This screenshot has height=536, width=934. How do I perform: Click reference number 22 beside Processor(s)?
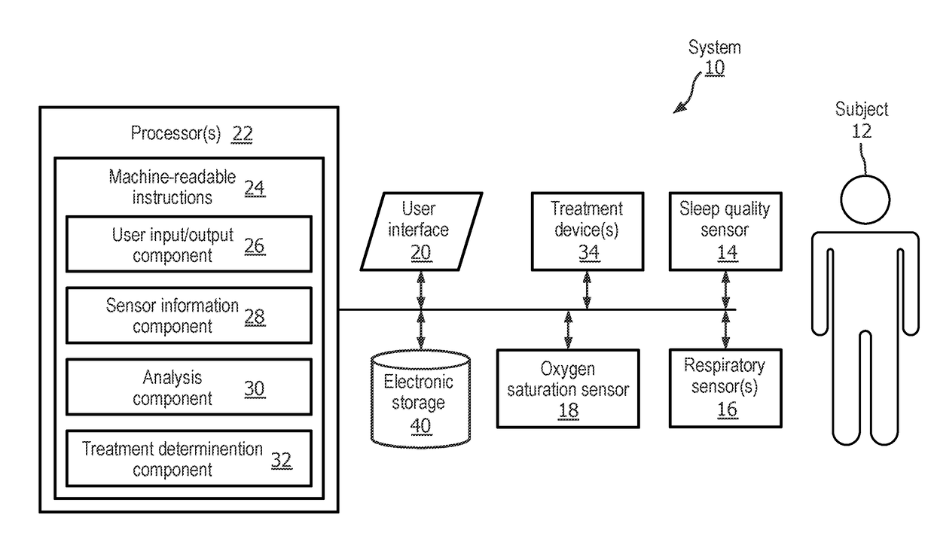click(243, 134)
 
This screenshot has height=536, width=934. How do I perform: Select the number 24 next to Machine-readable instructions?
click(255, 188)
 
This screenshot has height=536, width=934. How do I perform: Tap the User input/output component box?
click(189, 244)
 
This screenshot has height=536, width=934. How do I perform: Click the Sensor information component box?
click(189, 315)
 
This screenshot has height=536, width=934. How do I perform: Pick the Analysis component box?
click(189, 387)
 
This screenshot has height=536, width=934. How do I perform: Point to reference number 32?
click(282, 461)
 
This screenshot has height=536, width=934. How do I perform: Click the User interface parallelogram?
click(422, 232)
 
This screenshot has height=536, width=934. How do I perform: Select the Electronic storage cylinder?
click(421, 399)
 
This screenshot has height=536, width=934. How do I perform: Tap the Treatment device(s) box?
click(588, 232)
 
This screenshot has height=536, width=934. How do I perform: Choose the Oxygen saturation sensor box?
click(568, 389)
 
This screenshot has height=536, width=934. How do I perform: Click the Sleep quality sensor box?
click(725, 232)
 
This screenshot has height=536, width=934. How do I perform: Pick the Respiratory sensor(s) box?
click(725, 388)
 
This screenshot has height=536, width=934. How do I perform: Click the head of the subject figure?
click(865, 200)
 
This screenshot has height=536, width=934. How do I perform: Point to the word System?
click(715, 47)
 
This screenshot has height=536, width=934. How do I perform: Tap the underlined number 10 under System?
click(715, 68)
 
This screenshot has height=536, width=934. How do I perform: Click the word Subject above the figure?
click(862, 110)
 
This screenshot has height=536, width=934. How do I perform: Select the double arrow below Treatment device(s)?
click(587, 291)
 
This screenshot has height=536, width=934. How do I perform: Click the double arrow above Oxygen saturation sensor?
click(568, 329)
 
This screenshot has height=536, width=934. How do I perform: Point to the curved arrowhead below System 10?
click(679, 108)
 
